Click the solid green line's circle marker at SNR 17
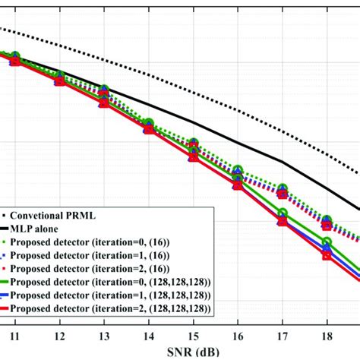coord(283,213)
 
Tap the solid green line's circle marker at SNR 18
coord(327,242)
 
